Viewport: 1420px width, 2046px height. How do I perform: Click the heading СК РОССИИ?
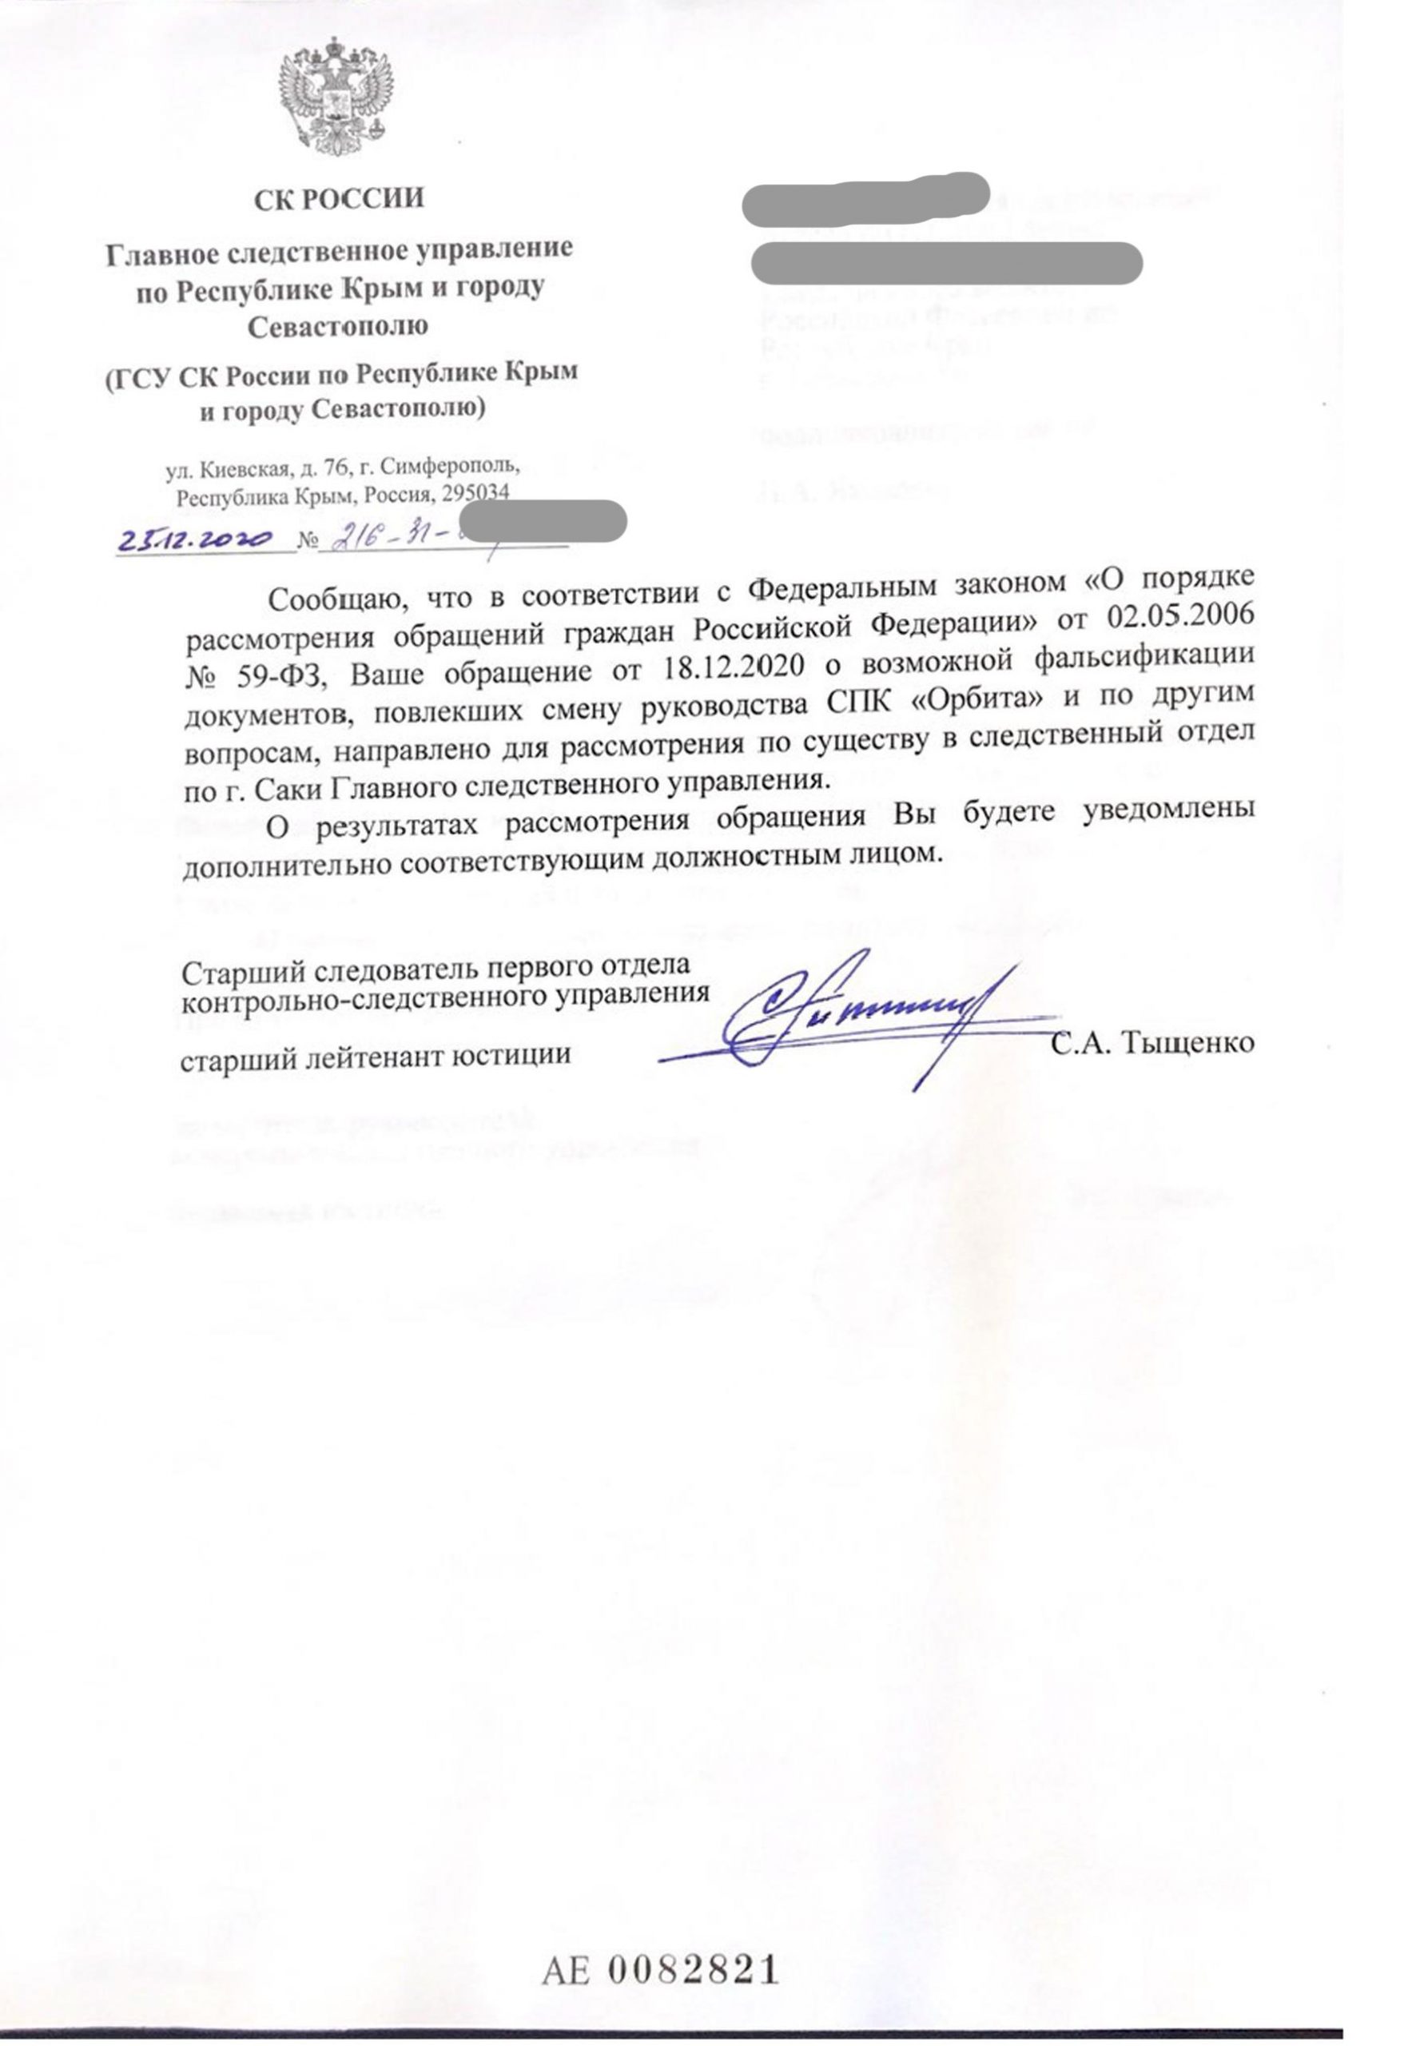[x=339, y=197]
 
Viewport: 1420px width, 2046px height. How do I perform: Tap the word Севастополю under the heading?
[x=338, y=327]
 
